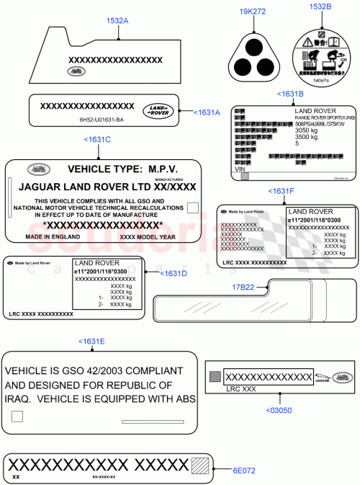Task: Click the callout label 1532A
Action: click(117, 22)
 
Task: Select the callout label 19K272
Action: click(256, 12)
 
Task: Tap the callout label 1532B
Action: click(320, 6)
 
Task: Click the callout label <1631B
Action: click(290, 94)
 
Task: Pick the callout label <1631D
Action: click(173, 274)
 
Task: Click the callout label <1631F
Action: click(281, 191)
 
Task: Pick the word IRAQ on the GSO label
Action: click(21, 399)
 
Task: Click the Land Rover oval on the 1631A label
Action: click(158, 110)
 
